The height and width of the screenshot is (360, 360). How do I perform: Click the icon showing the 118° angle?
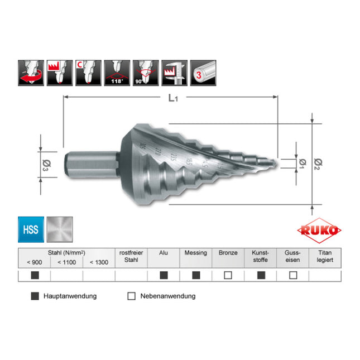(117, 73)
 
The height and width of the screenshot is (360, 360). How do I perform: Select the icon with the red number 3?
(203, 73)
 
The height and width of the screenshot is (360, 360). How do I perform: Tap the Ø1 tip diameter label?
(301, 162)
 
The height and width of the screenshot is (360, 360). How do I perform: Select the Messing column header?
(196, 253)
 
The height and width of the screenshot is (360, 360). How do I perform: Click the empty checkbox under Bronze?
(228, 275)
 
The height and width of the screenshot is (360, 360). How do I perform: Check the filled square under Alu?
(164, 275)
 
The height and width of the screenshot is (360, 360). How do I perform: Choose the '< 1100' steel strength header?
(67, 262)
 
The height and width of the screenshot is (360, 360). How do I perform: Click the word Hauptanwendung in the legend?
(70, 296)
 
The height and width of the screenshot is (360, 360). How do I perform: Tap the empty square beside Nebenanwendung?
(132, 296)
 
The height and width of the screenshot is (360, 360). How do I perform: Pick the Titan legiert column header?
(325, 257)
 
